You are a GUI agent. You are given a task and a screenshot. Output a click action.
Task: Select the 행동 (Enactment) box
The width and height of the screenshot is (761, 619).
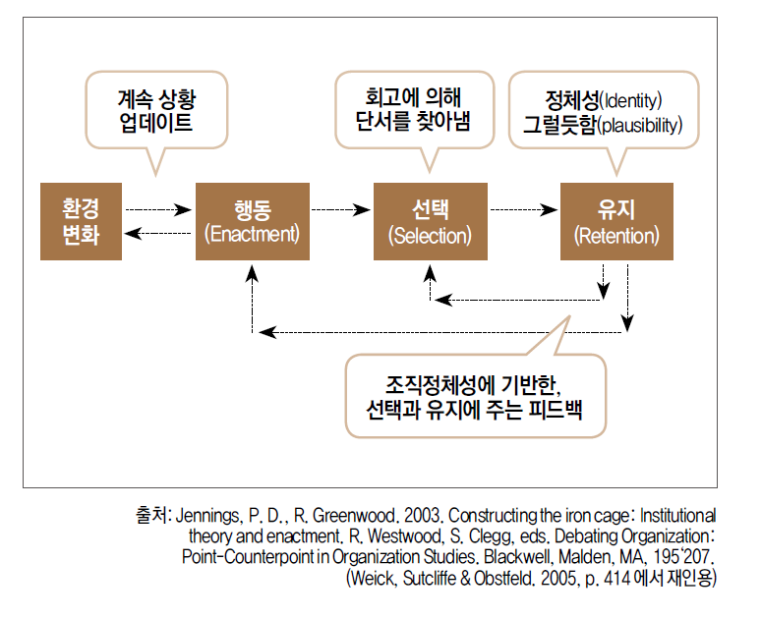click(x=253, y=221)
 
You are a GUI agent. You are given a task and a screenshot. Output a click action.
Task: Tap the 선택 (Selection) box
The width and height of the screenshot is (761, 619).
click(x=430, y=221)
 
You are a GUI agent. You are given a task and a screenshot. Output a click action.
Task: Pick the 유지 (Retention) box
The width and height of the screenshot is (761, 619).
click(x=616, y=221)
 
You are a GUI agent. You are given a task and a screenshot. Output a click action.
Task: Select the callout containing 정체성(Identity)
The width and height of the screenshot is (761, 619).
click(x=604, y=111)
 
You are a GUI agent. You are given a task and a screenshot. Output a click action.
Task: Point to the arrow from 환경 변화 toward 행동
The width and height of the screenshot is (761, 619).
click(x=158, y=208)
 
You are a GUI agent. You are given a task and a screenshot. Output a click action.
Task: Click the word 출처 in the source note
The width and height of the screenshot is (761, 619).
click(x=153, y=515)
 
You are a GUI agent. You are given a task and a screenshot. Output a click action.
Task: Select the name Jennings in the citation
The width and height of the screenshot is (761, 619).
click(x=209, y=515)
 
